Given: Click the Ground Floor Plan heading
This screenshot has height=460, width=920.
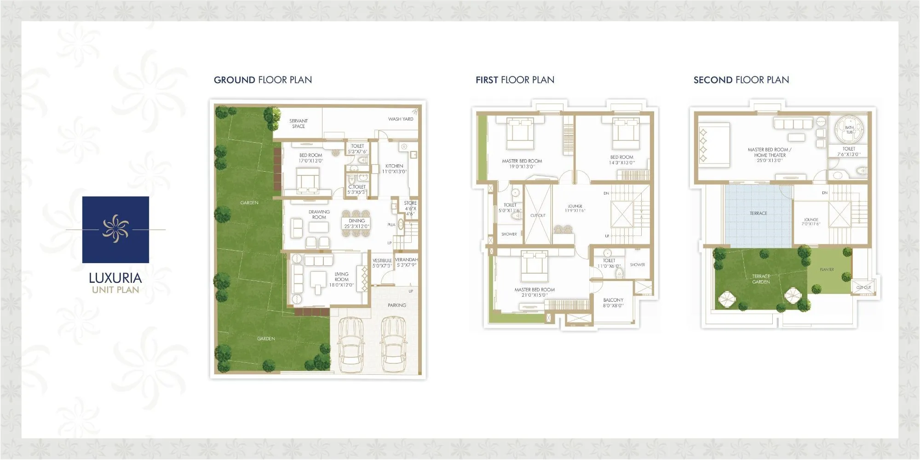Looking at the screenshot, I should (x=263, y=80).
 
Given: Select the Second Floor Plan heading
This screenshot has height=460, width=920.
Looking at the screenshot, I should (x=741, y=80).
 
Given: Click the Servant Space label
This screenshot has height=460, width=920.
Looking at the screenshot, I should (x=299, y=124).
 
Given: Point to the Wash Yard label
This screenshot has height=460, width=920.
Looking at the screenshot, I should (x=400, y=119).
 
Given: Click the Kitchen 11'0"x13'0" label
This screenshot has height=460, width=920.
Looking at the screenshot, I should (x=394, y=169).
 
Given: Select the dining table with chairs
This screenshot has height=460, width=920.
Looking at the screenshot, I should (x=356, y=223).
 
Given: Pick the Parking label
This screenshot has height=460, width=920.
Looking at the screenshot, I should (x=397, y=305).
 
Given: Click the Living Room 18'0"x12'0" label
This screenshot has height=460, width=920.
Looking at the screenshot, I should (x=341, y=280).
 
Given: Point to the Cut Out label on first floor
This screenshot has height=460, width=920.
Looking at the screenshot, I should (x=538, y=216).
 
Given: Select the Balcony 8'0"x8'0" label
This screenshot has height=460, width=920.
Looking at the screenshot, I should (x=613, y=303).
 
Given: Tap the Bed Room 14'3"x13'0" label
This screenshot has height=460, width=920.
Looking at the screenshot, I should (x=621, y=160).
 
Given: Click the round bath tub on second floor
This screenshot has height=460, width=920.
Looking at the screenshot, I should (x=849, y=129).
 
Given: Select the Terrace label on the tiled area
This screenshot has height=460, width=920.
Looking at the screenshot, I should (x=758, y=213).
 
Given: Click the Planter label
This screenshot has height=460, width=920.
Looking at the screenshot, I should (x=826, y=270).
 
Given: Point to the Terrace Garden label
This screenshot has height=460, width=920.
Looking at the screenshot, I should (x=761, y=279).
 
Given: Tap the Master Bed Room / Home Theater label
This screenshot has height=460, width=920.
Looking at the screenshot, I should (x=769, y=155).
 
